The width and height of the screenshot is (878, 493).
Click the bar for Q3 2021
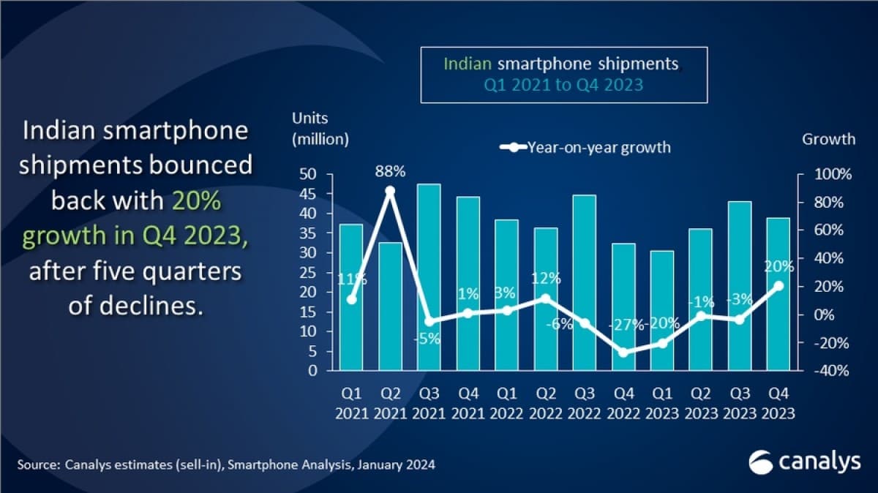pyautogui.click(x=429, y=277)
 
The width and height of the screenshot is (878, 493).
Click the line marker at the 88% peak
pyautogui.click(x=390, y=191)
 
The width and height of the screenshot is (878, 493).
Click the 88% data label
pyautogui.click(x=390, y=172)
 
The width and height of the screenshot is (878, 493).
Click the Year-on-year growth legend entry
pyautogui.click(x=585, y=148)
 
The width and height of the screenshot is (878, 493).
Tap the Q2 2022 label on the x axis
pyautogui.click(x=546, y=404)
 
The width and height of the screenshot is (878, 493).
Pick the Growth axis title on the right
pyautogui.click(x=828, y=138)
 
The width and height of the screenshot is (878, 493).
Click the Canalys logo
pyautogui.click(x=800, y=462)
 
